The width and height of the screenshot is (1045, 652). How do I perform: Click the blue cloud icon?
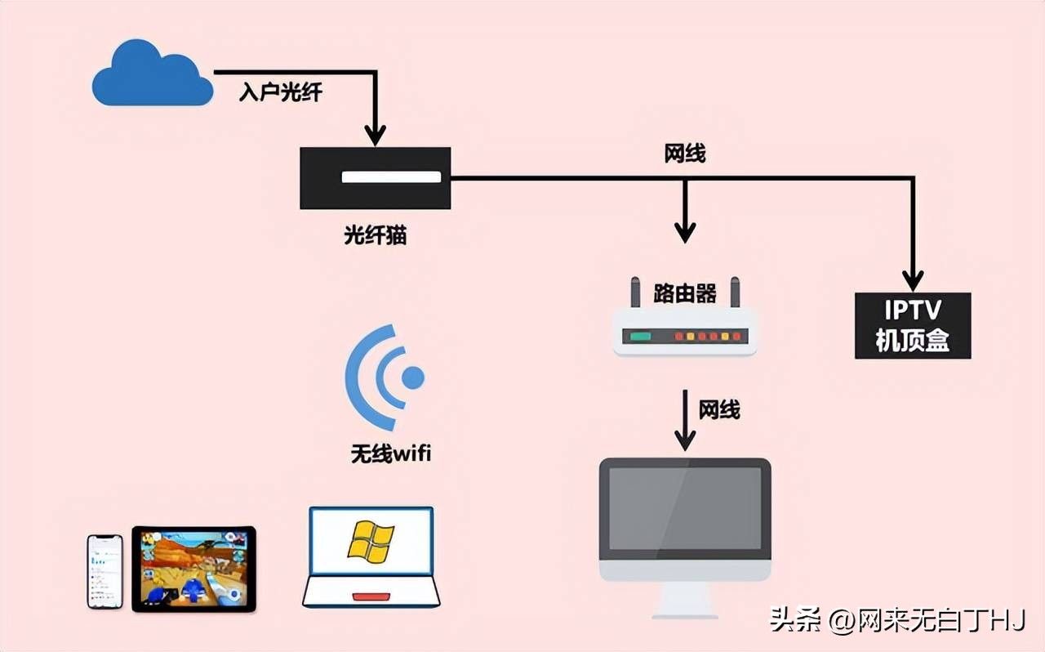(x=153, y=74)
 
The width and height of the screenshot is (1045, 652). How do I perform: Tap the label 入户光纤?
(x=280, y=92)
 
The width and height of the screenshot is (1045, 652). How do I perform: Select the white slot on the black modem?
(x=391, y=176)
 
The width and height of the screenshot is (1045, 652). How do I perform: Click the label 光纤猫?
(x=375, y=235)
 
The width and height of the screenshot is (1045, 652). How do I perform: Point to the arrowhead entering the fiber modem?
(x=375, y=135)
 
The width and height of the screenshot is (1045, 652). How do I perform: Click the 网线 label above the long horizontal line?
(x=685, y=154)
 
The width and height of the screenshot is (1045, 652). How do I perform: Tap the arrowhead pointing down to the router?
(x=685, y=232)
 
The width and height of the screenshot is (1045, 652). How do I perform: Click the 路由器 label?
(x=685, y=293)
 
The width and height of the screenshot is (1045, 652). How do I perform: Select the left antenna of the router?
(x=635, y=292)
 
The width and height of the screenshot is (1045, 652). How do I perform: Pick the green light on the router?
(x=640, y=337)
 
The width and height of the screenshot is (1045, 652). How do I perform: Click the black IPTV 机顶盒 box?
(x=913, y=325)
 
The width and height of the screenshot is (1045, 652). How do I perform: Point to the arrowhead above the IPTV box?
(x=913, y=281)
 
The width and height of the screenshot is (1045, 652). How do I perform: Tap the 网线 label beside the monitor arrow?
(x=719, y=409)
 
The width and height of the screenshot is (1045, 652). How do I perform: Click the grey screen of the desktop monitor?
(x=685, y=508)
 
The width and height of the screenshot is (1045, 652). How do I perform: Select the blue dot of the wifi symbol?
(x=413, y=377)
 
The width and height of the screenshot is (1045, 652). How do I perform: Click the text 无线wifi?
(x=391, y=453)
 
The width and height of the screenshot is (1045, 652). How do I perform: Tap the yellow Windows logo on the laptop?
(x=371, y=542)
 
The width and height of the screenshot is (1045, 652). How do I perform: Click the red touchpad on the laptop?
(x=371, y=597)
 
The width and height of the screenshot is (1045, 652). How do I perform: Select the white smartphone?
(x=105, y=572)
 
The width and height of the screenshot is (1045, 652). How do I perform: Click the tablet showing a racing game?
(x=194, y=569)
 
